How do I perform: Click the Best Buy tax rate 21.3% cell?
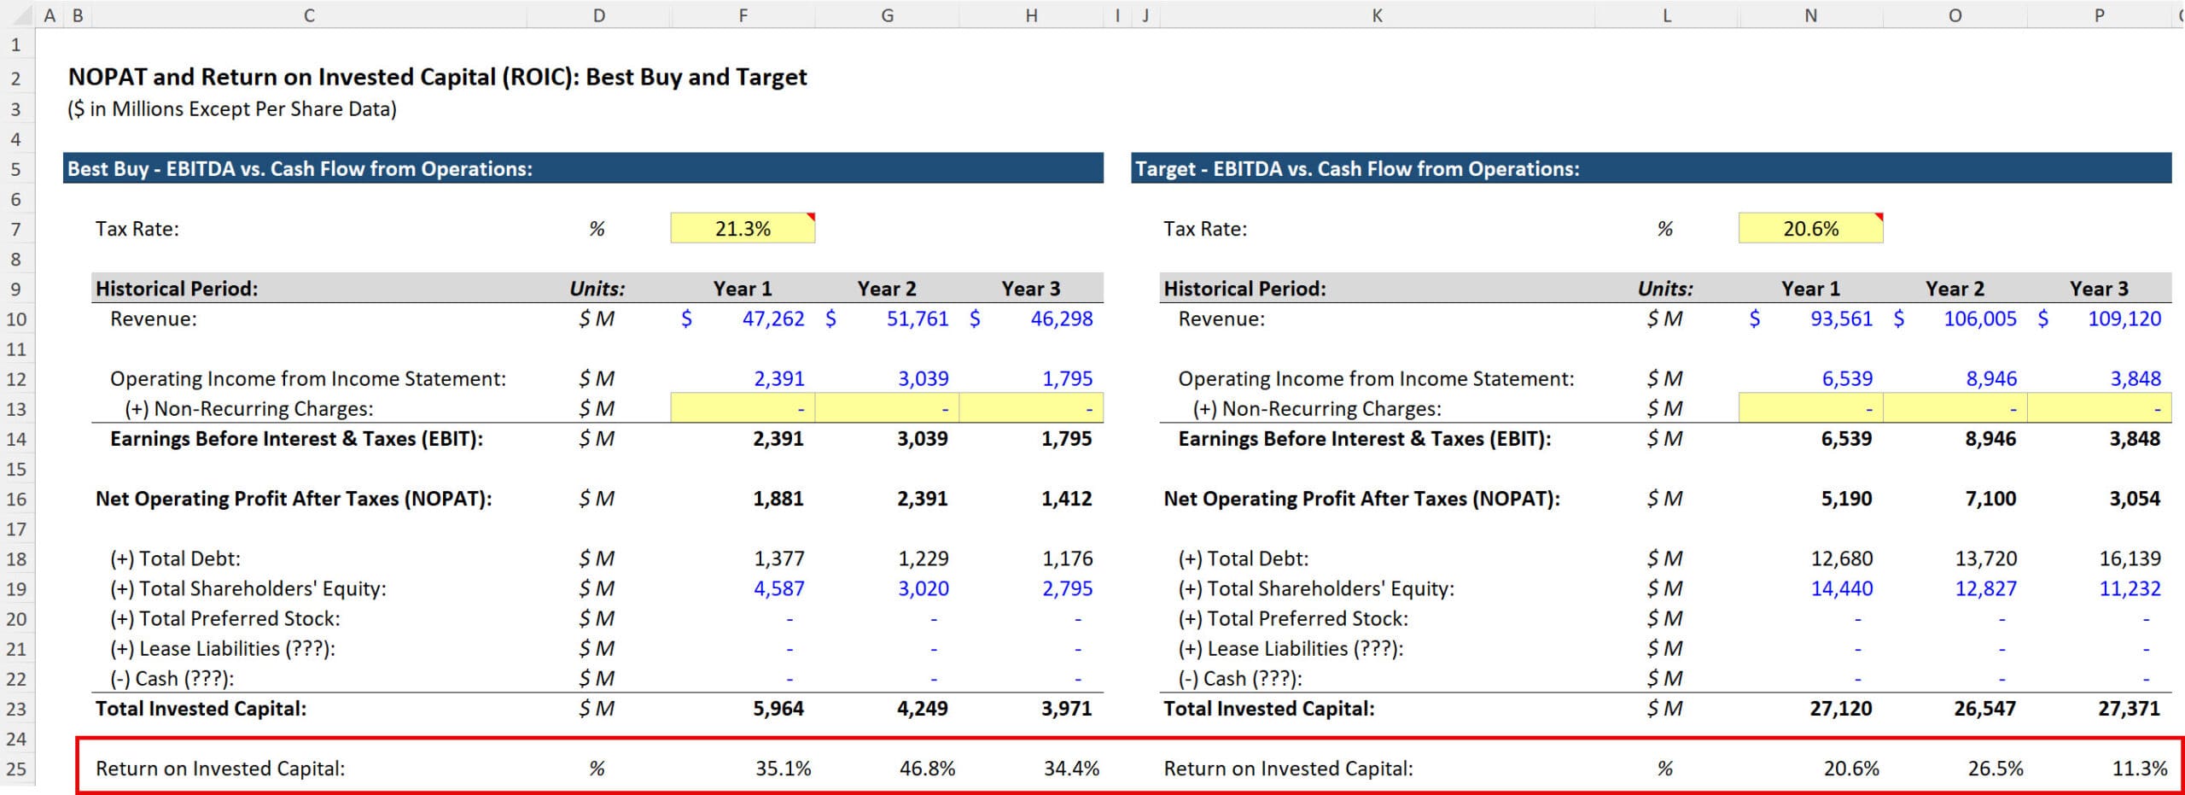[x=743, y=229]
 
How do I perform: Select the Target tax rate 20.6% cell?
[x=1810, y=229]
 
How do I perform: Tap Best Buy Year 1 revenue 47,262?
[x=772, y=319]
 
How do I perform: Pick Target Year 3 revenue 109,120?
[x=2124, y=319]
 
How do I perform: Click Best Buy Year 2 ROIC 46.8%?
[x=927, y=769]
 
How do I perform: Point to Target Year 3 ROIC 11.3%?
[x=2139, y=769]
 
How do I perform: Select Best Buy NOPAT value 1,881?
[x=778, y=499]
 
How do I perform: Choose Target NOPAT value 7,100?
[x=1990, y=499]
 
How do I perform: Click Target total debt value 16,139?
[x=2130, y=559]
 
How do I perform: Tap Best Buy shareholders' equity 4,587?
[x=778, y=589]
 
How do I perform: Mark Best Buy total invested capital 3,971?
[x=1066, y=709]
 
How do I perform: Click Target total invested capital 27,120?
[x=1840, y=709]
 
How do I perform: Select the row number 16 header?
[x=17, y=500]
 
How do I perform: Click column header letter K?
[x=1377, y=15]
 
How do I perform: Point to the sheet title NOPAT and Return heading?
[x=437, y=78]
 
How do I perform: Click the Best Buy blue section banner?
[x=583, y=169]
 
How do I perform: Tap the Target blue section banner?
[x=1651, y=169]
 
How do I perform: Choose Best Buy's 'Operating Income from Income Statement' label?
[x=307, y=379]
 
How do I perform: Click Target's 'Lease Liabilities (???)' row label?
[x=1290, y=649]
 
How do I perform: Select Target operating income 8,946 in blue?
[x=1991, y=379]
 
